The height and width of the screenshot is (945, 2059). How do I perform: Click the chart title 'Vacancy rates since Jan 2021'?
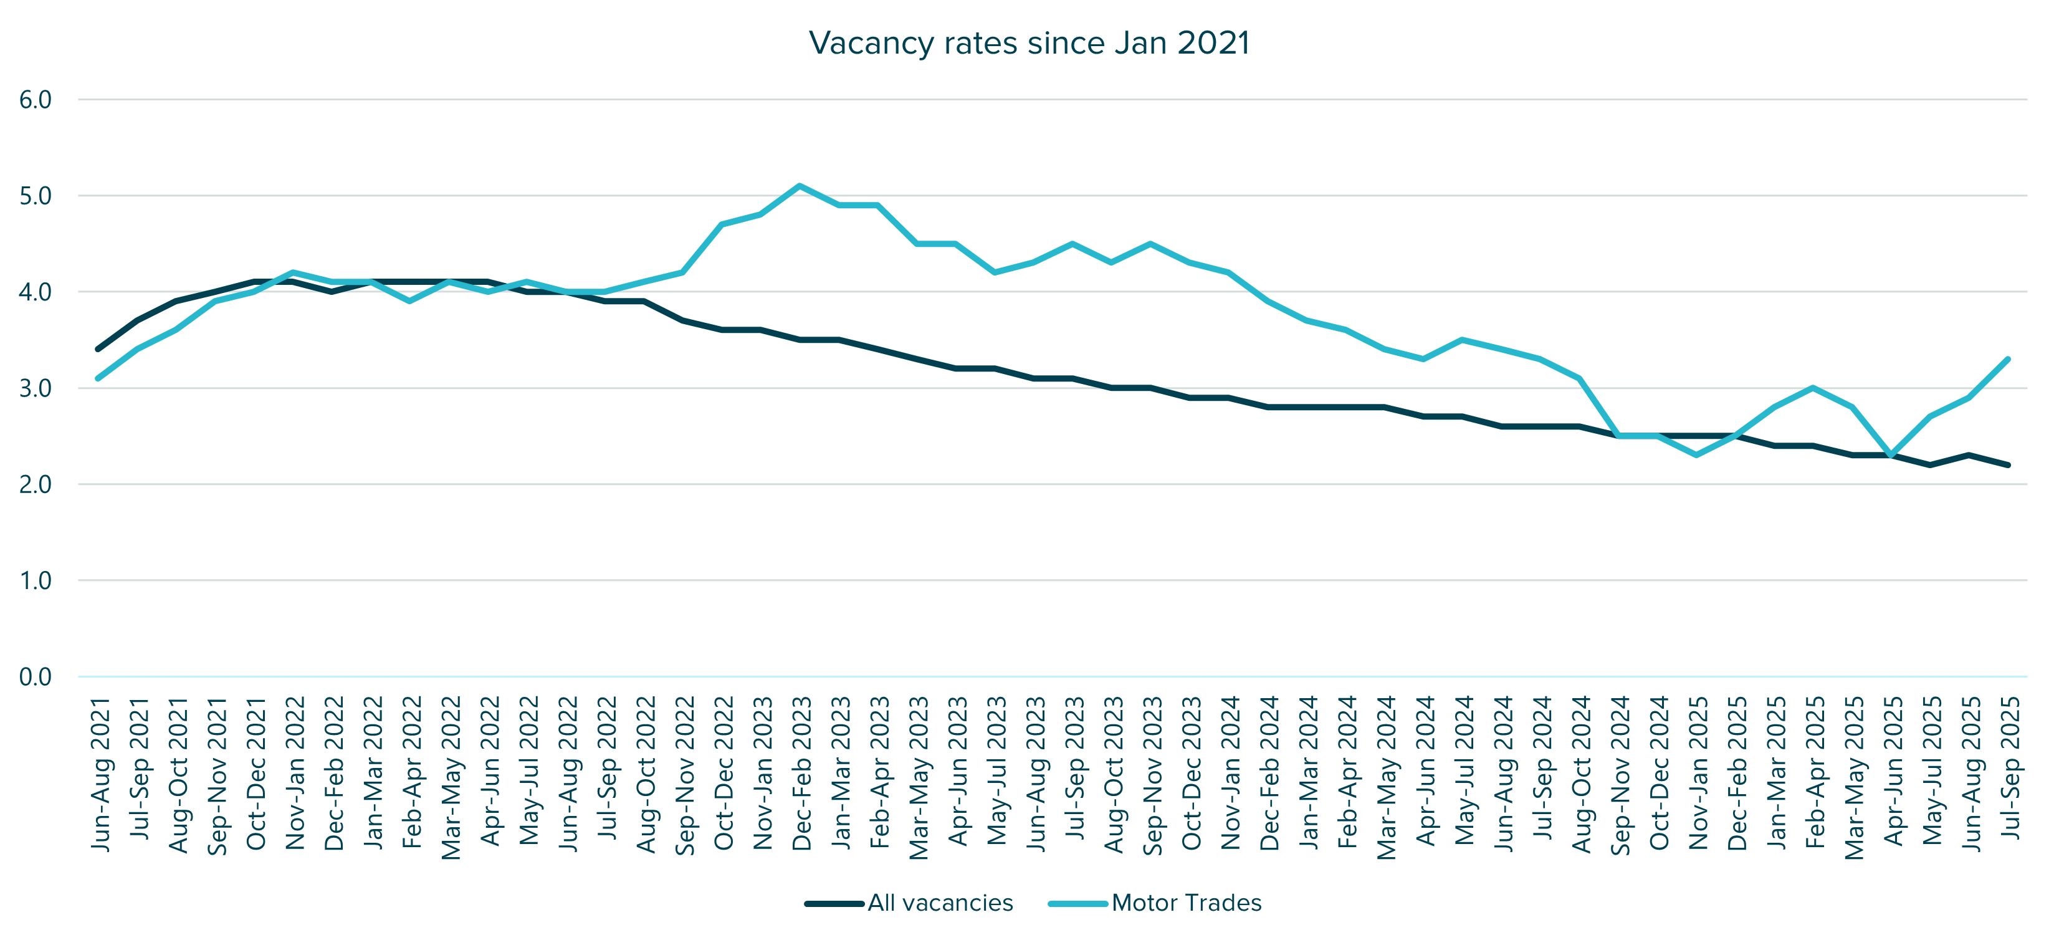(1029, 43)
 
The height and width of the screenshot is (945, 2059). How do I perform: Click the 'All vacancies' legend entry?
(939, 903)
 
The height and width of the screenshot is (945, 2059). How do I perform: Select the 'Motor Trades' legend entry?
(1185, 903)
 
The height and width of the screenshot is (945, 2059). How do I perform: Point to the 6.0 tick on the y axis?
(35, 100)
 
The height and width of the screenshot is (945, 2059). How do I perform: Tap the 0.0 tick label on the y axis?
(35, 676)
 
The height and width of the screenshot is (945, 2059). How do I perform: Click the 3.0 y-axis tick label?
(35, 388)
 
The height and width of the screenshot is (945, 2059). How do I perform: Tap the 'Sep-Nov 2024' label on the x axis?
(1620, 774)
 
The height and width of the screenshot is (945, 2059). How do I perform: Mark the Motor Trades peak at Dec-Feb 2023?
(800, 186)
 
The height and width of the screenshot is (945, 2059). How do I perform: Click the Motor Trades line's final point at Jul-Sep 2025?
(2008, 359)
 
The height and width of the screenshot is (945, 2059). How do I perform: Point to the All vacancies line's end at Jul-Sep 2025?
(2008, 464)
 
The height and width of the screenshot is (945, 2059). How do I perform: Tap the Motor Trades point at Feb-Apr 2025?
(1813, 388)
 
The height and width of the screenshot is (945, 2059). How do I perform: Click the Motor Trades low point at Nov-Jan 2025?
(1696, 455)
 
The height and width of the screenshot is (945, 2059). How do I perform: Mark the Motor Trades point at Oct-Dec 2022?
(722, 224)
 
